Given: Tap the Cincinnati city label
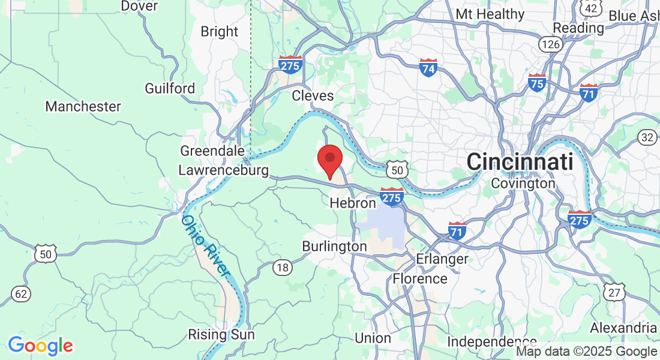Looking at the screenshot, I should tap(520, 161).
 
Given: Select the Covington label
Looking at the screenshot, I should tap(523, 184).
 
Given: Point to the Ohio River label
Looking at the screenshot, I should tap(206, 245).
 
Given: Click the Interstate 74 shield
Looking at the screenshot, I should tap(428, 68).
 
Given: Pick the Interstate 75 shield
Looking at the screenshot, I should tap(537, 83).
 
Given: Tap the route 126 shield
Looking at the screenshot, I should tap(550, 44).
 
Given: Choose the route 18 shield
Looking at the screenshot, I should tap(283, 268).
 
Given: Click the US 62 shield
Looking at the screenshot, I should tap(20, 293).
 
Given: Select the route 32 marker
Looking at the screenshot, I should tap(647, 137).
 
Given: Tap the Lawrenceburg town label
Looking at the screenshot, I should tap(223, 170).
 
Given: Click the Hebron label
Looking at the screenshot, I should tap(353, 203).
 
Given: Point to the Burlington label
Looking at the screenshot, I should tap(334, 247).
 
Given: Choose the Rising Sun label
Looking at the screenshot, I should tap(221, 334).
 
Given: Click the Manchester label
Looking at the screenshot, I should tap(83, 107).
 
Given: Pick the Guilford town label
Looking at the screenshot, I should tap(170, 88).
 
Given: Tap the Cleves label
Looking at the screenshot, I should tap(313, 95).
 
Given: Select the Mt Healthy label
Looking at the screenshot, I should tap(490, 14).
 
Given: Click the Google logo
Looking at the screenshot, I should tap(40, 345).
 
